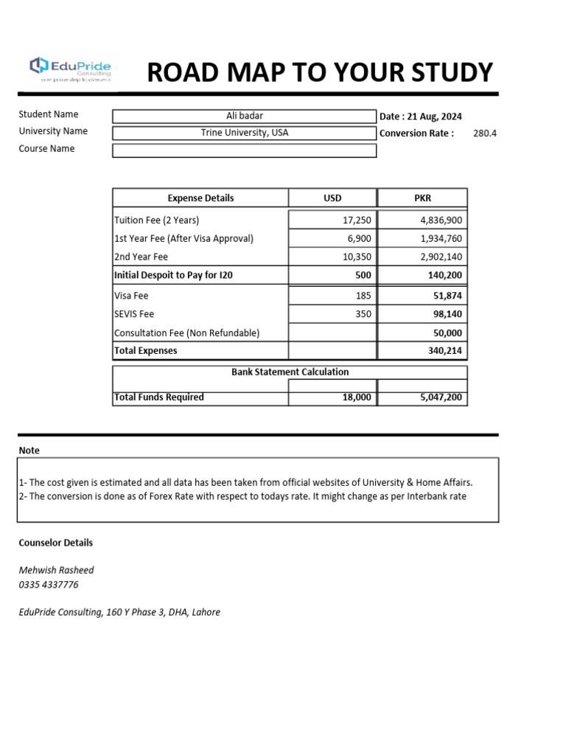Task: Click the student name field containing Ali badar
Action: [244, 116]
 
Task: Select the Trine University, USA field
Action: [244, 133]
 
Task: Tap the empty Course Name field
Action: [244, 150]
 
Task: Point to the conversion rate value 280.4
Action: [485, 133]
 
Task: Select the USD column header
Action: [332, 198]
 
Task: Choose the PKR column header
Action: [422, 198]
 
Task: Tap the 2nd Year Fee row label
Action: [141, 257]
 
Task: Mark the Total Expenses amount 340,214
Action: [444, 351]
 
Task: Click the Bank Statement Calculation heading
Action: [290, 372]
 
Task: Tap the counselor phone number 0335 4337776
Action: [49, 585]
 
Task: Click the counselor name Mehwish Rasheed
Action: [56, 570]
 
